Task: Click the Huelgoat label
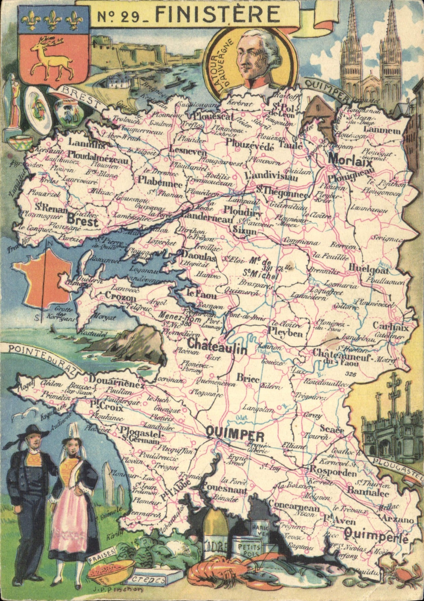368,270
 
